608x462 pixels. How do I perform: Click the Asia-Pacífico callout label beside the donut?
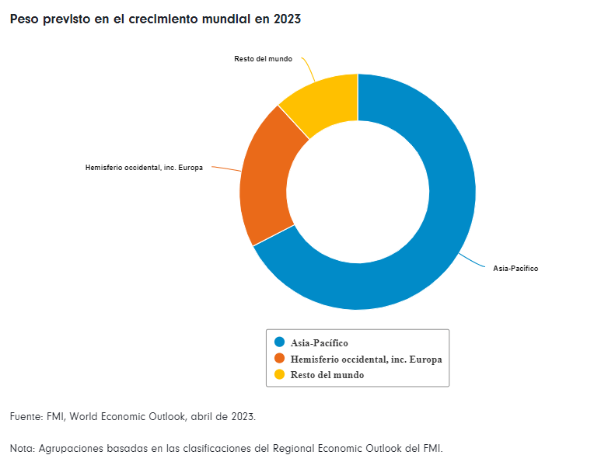point(515,269)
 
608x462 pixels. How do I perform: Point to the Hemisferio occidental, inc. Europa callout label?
point(144,168)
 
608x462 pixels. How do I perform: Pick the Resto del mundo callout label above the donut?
point(263,59)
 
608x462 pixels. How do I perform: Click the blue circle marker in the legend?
point(280,342)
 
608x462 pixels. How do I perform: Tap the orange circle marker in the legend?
point(280,359)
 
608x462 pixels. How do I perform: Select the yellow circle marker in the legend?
point(280,375)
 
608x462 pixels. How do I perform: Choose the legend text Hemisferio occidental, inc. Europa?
point(366,359)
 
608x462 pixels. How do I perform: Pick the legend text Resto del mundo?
point(327,375)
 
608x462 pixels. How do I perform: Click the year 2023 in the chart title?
point(287,19)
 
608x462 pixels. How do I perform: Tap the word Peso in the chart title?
point(24,19)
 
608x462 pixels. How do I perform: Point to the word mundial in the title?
point(220,19)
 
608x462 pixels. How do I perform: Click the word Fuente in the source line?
point(26,417)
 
